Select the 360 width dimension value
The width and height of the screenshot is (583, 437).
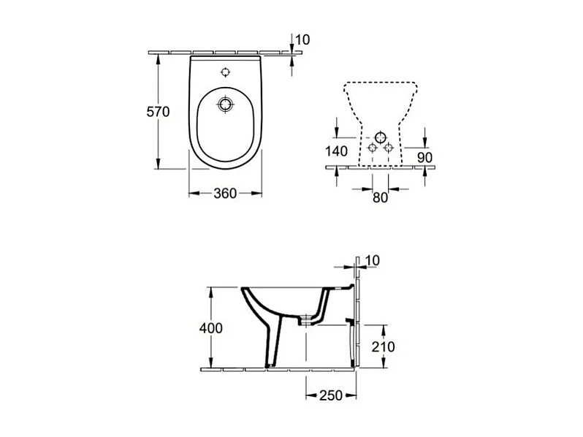click(x=225, y=194)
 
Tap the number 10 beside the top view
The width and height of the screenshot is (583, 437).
click(x=303, y=39)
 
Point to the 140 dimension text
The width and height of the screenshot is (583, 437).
click(x=338, y=152)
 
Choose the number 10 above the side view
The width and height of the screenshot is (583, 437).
click(x=372, y=261)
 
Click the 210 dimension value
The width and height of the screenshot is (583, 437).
click(x=383, y=346)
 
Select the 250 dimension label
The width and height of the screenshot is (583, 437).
click(x=331, y=395)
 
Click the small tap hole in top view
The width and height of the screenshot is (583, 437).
click(x=226, y=73)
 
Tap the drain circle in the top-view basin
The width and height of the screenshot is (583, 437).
click(x=226, y=104)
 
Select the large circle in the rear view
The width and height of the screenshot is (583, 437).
click(x=381, y=138)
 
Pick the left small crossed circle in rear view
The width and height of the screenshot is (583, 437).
click(x=373, y=148)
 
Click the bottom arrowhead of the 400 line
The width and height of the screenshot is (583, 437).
click(x=210, y=365)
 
